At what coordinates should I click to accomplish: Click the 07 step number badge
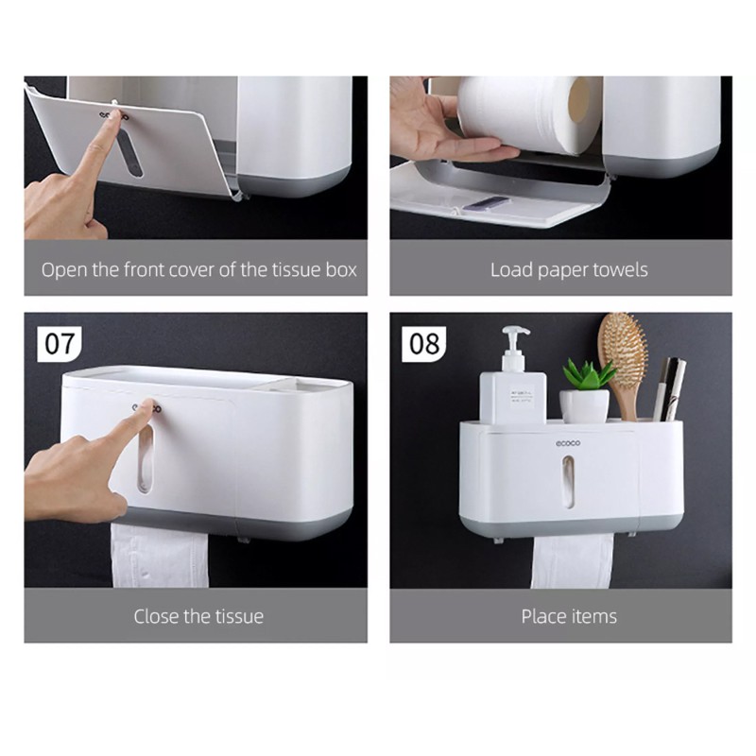click(x=60, y=344)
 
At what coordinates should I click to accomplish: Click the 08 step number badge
click(x=424, y=344)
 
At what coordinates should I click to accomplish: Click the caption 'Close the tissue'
click(x=198, y=616)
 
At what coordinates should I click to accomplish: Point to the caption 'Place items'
click(x=569, y=616)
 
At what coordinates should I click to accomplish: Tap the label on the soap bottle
click(x=522, y=398)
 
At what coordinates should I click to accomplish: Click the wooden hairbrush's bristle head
click(x=623, y=347)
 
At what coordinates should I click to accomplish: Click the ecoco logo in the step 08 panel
click(x=568, y=443)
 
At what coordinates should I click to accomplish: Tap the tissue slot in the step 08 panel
click(x=569, y=482)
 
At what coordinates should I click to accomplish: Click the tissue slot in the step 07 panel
click(x=146, y=460)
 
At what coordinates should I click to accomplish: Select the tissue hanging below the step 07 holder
click(x=160, y=556)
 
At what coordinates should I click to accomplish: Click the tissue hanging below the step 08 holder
click(x=573, y=560)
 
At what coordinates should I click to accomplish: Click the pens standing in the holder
click(x=669, y=389)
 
